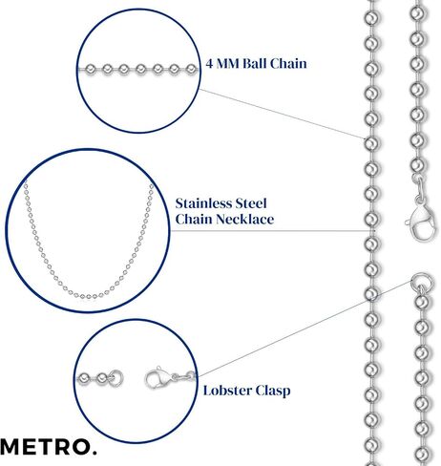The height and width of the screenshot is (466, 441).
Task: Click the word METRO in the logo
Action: point(45,447)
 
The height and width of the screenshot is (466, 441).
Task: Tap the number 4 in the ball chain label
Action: point(209,64)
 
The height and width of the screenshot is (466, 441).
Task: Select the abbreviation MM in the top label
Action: point(227,64)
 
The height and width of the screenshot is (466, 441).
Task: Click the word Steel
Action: point(249,203)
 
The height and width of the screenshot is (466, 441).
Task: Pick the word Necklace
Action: point(244,219)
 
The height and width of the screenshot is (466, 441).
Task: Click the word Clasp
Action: point(273,392)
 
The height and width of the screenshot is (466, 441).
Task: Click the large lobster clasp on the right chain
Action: point(422,222)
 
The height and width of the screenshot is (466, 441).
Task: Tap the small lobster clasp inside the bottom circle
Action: point(157,378)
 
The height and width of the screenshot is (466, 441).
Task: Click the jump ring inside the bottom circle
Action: point(116,378)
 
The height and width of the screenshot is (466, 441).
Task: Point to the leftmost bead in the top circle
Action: point(91,69)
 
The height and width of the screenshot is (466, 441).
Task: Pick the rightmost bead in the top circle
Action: point(191,69)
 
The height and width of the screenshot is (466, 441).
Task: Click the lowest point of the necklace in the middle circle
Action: point(88,297)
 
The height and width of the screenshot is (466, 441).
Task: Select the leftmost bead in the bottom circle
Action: point(84,379)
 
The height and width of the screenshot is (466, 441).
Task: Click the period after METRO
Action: point(94,453)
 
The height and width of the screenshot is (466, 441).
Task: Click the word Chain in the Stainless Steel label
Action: point(194,219)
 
